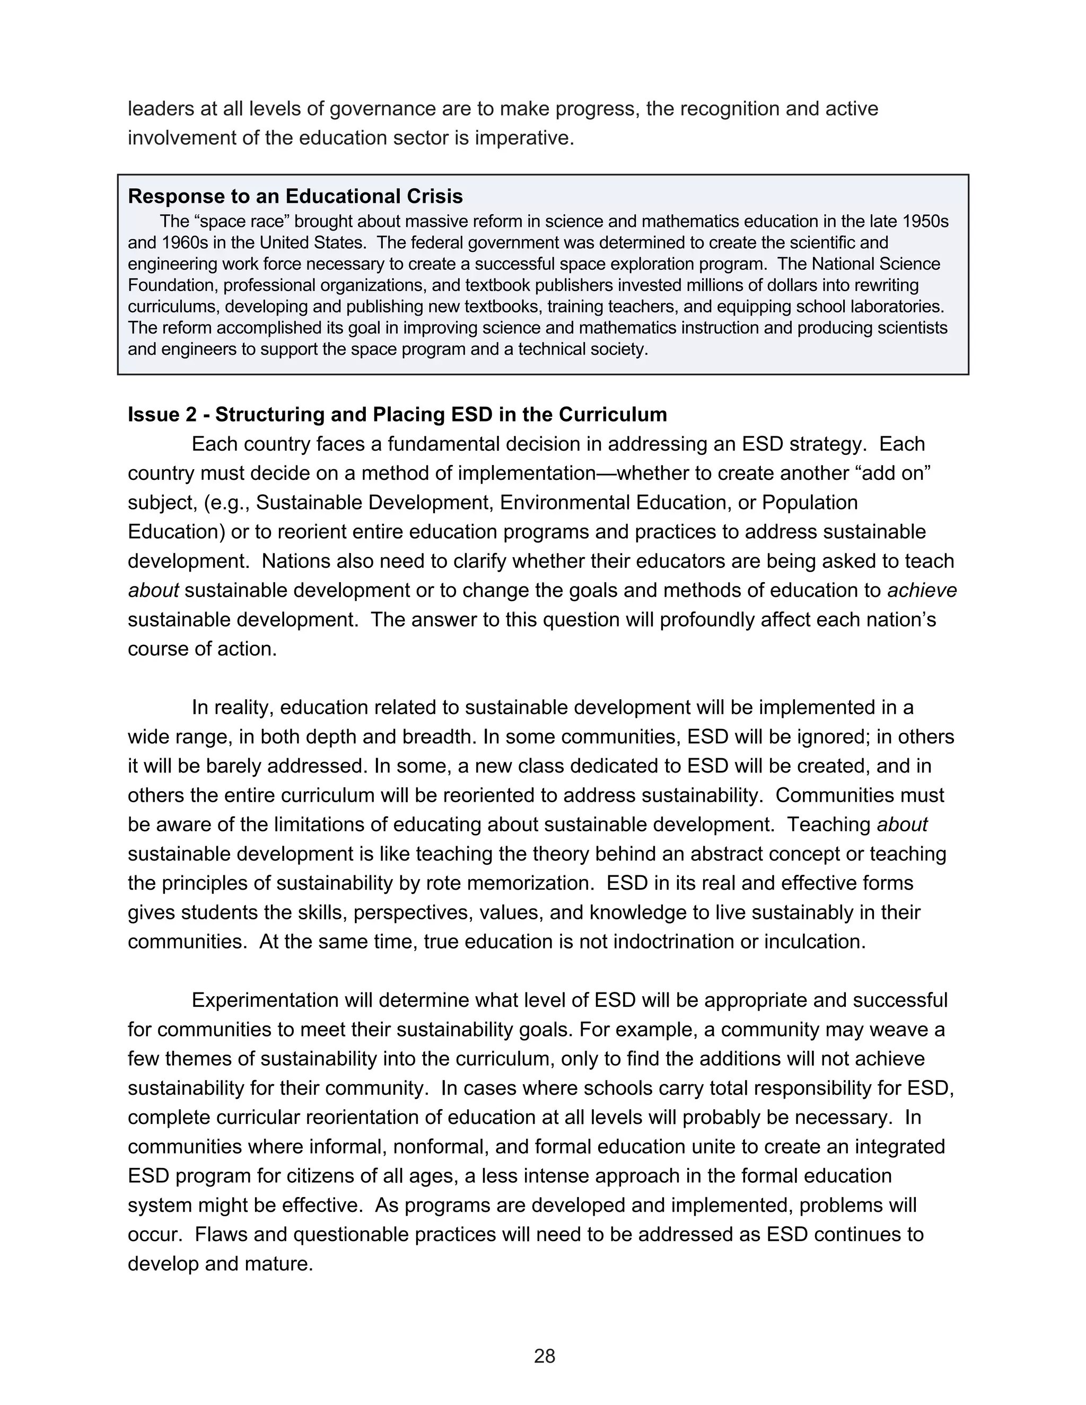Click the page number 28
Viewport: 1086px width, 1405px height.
point(544,1356)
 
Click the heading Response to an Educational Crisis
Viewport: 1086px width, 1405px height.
point(295,196)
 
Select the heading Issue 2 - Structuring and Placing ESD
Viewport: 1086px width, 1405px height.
point(397,414)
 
